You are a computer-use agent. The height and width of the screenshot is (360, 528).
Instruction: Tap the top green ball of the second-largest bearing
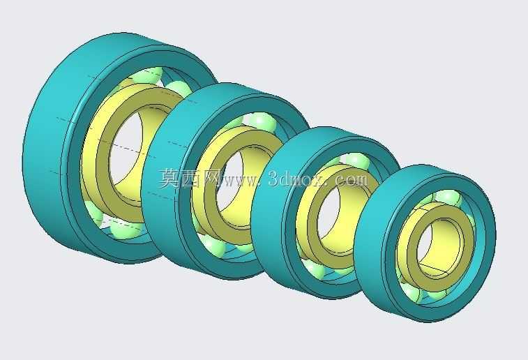pyautogui.click(x=263, y=121)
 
